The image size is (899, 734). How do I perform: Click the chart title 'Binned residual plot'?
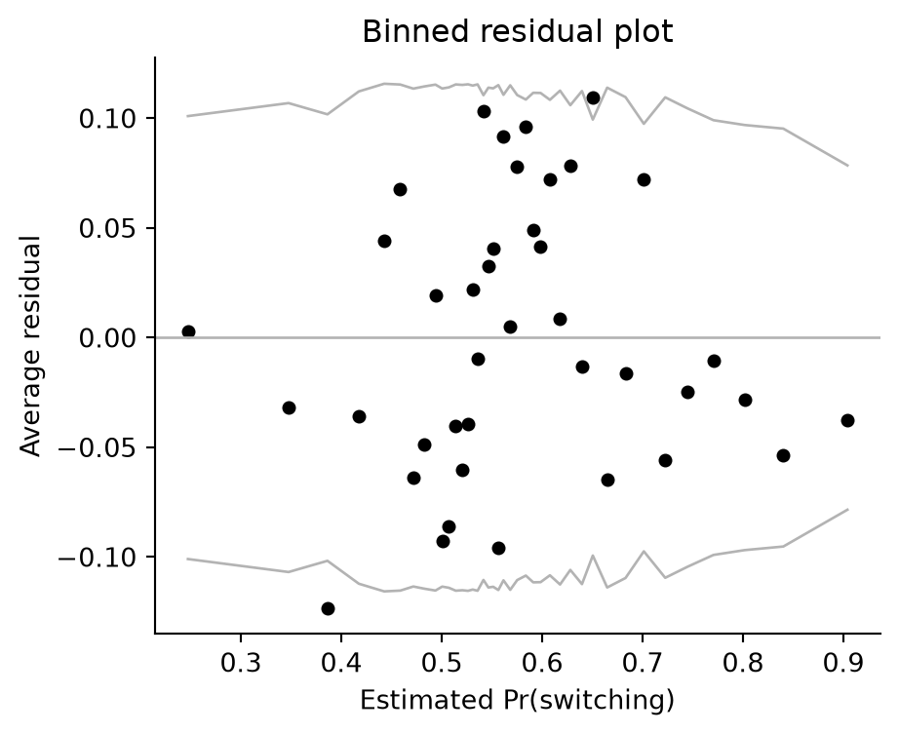click(517, 32)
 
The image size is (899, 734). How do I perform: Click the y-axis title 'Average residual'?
click(30, 345)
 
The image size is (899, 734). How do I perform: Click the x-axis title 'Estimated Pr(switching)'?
click(517, 701)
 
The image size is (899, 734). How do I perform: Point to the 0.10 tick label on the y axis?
click(107, 119)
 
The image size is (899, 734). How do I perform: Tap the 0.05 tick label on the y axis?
click(107, 229)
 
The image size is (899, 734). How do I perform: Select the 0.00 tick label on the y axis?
click(107, 338)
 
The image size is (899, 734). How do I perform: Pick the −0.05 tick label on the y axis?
click(97, 447)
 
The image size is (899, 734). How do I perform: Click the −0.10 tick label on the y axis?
click(97, 557)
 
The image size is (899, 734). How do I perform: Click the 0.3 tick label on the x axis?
click(240, 663)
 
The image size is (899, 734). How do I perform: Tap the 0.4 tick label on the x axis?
click(340, 663)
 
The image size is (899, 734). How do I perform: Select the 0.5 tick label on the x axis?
click(441, 663)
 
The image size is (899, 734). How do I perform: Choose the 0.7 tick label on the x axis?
click(643, 663)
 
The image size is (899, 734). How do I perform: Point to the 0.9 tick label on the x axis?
click(842, 663)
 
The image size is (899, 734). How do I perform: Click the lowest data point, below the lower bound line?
click(328, 608)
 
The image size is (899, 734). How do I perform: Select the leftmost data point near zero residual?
click(188, 331)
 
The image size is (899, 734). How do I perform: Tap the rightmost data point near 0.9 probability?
click(847, 420)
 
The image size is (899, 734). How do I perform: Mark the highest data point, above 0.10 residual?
click(594, 98)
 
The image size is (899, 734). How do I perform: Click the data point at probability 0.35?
click(289, 408)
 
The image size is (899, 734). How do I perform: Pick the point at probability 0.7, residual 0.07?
click(644, 180)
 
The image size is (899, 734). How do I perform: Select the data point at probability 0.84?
click(783, 456)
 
